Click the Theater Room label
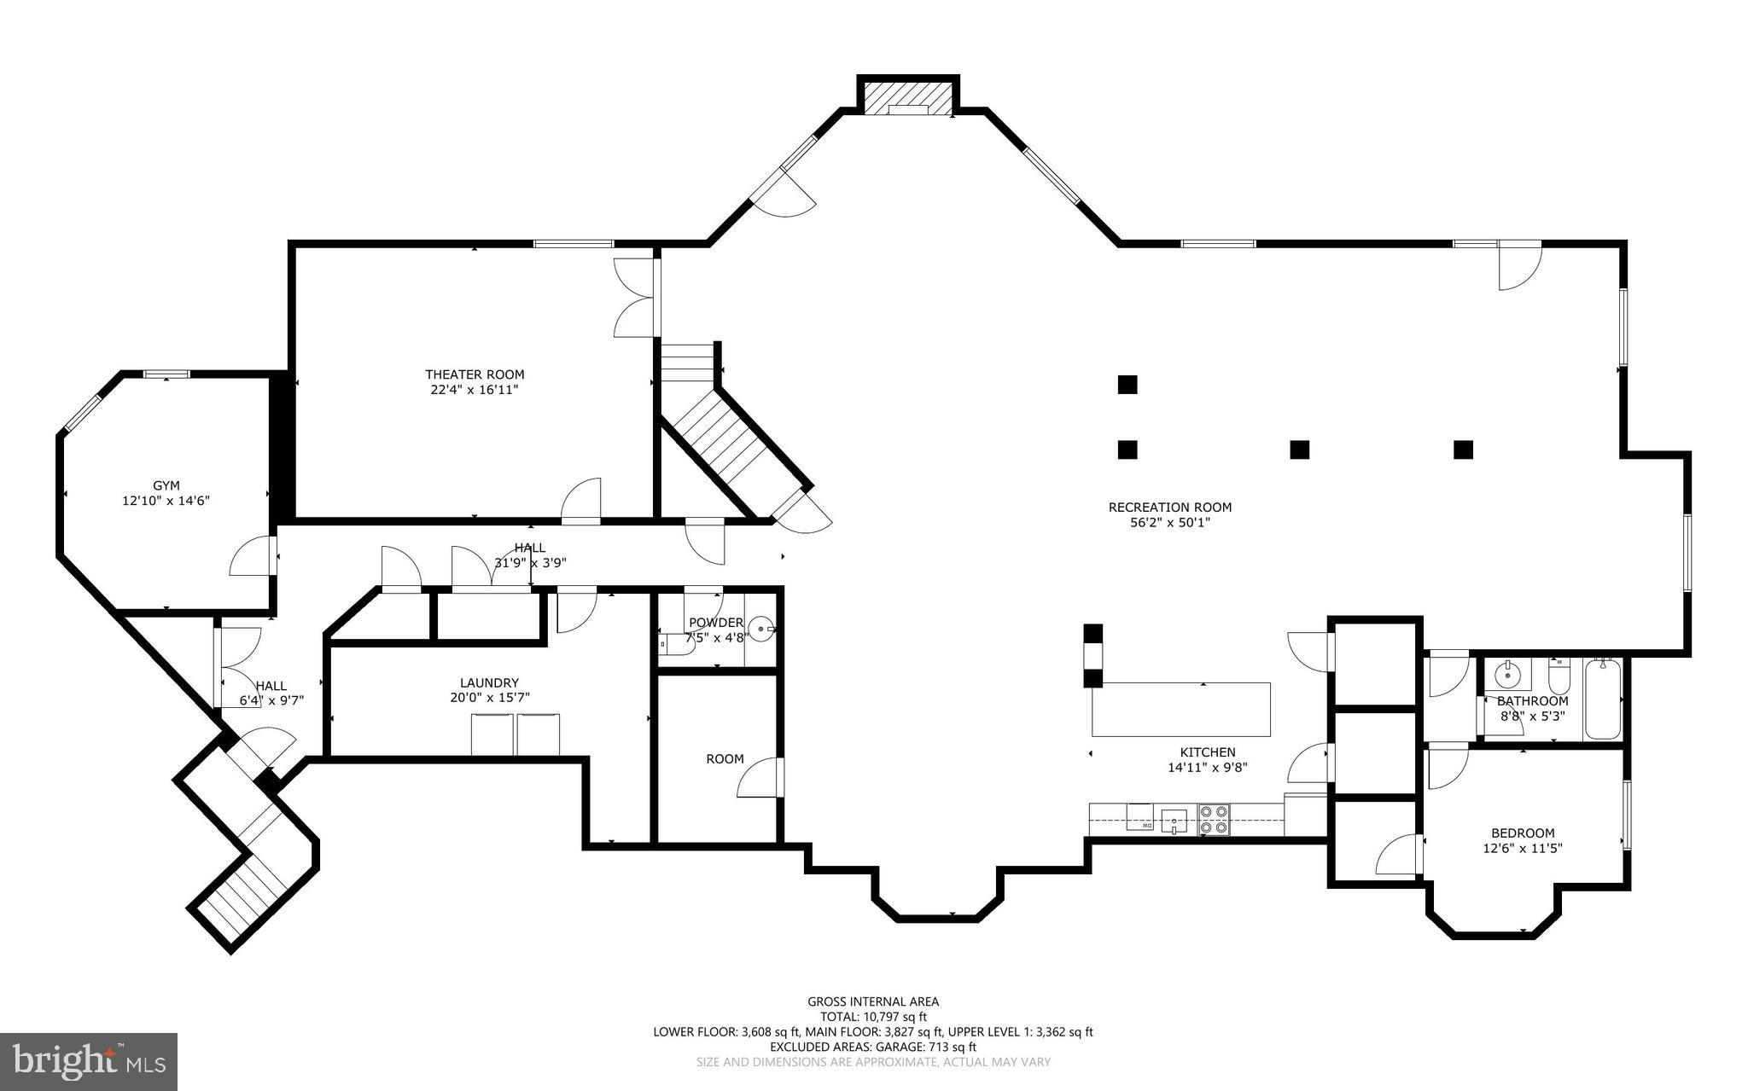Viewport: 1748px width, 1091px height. pos(475,374)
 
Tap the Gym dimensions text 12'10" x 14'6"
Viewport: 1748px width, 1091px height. pos(166,502)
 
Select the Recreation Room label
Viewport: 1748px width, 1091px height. pos(1169,508)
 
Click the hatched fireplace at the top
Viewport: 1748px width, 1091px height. pos(907,97)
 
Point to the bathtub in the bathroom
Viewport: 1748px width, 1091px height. pos(1603,699)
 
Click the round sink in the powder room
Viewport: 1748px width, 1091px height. pos(762,630)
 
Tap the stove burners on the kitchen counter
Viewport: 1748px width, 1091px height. pos(1214,819)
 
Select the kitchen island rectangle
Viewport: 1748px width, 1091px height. pos(1181,709)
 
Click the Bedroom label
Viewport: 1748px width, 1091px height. pos(1522,833)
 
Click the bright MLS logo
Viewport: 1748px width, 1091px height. pos(89,1061)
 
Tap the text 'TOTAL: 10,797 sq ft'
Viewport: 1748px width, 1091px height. pos(873,1017)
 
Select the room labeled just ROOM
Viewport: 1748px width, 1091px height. pos(725,759)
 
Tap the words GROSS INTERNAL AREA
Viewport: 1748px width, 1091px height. pos(873,1001)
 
